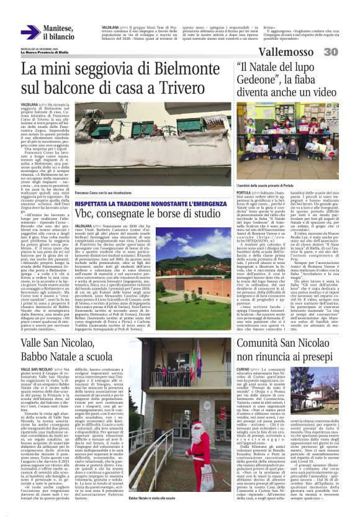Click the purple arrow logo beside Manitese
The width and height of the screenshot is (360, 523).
[x=30, y=32]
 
